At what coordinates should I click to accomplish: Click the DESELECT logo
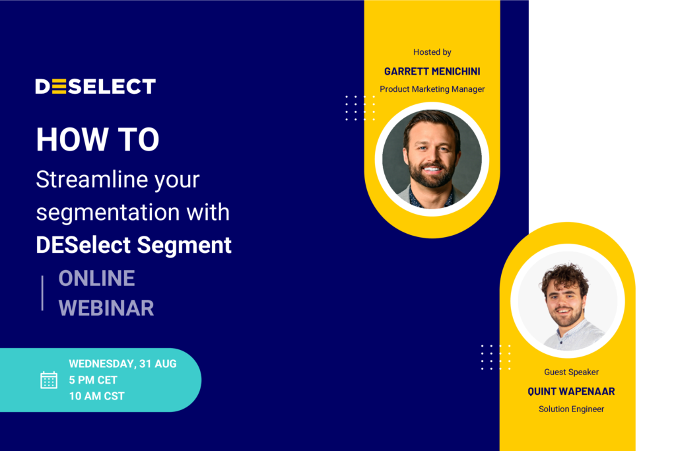click(95, 87)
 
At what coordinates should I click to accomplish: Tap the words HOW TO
click(98, 139)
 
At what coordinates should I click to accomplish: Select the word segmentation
click(108, 212)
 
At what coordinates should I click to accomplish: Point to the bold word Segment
click(184, 246)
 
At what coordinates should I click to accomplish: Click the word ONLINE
click(96, 278)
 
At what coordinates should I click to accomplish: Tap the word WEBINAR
click(106, 308)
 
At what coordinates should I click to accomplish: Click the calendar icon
click(49, 380)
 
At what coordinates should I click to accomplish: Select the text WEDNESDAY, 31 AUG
click(122, 363)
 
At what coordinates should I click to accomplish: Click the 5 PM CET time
click(93, 380)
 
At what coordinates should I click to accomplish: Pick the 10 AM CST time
click(96, 396)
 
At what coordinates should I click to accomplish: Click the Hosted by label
click(432, 52)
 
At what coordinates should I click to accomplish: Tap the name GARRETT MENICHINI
click(432, 71)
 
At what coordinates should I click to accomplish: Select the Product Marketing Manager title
click(432, 89)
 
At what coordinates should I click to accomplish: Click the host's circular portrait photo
click(432, 158)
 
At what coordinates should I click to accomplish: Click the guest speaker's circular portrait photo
click(567, 300)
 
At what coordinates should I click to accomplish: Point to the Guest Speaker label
click(571, 372)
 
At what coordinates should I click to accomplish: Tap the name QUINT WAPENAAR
click(571, 392)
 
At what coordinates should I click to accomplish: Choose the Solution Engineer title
click(571, 409)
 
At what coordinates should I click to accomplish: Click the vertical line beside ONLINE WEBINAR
click(42, 293)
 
